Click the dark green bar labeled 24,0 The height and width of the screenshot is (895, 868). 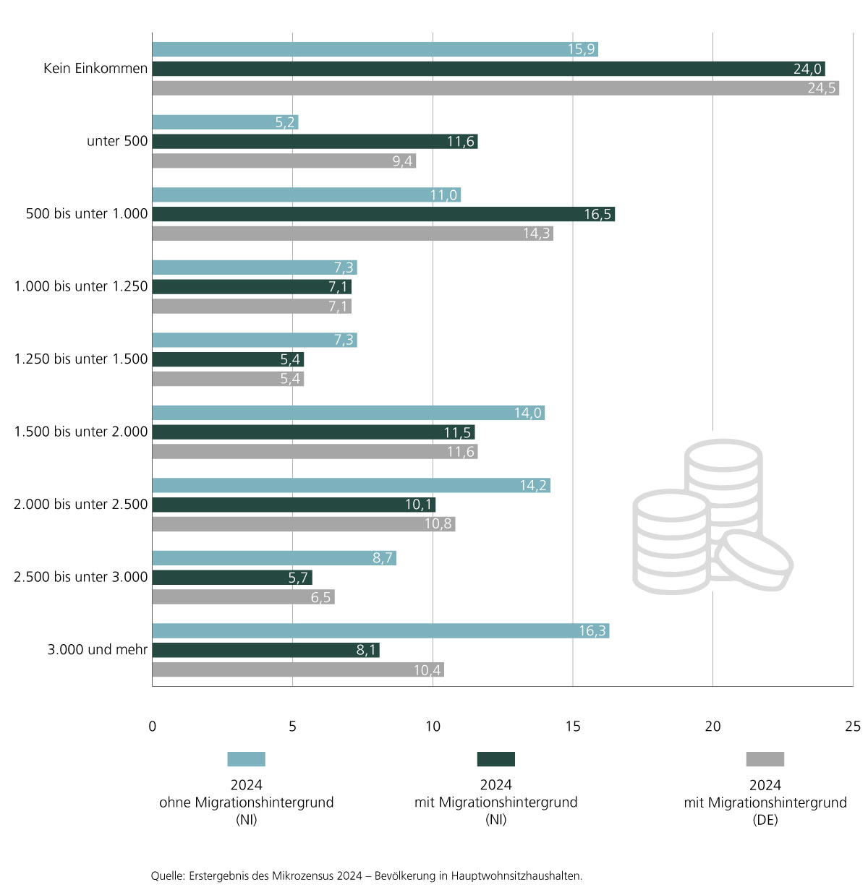(x=488, y=69)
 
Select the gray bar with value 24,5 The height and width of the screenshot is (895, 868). (x=495, y=88)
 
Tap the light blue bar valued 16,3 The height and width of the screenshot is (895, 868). (x=380, y=631)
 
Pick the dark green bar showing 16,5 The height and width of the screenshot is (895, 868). (x=383, y=215)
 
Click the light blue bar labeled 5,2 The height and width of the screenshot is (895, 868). (x=225, y=123)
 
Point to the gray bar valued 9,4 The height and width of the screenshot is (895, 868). (x=284, y=161)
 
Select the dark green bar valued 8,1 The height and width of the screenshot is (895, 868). (x=265, y=651)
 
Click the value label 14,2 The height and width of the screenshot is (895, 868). (x=533, y=486)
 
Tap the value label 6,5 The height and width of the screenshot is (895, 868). (x=320, y=598)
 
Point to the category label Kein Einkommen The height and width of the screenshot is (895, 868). (x=95, y=69)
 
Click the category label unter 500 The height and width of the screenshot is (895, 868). (x=117, y=142)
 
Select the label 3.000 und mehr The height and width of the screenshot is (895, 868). (x=98, y=650)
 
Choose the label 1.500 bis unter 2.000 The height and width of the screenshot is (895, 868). (x=81, y=432)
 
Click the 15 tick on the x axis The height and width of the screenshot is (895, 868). (x=573, y=727)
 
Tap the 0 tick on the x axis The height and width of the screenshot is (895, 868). (x=152, y=727)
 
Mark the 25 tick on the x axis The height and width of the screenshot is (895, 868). (x=853, y=727)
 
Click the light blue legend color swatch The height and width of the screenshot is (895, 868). (x=246, y=759)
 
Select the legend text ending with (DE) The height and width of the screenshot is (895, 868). (x=765, y=802)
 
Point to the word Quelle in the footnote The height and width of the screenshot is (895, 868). (x=167, y=876)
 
